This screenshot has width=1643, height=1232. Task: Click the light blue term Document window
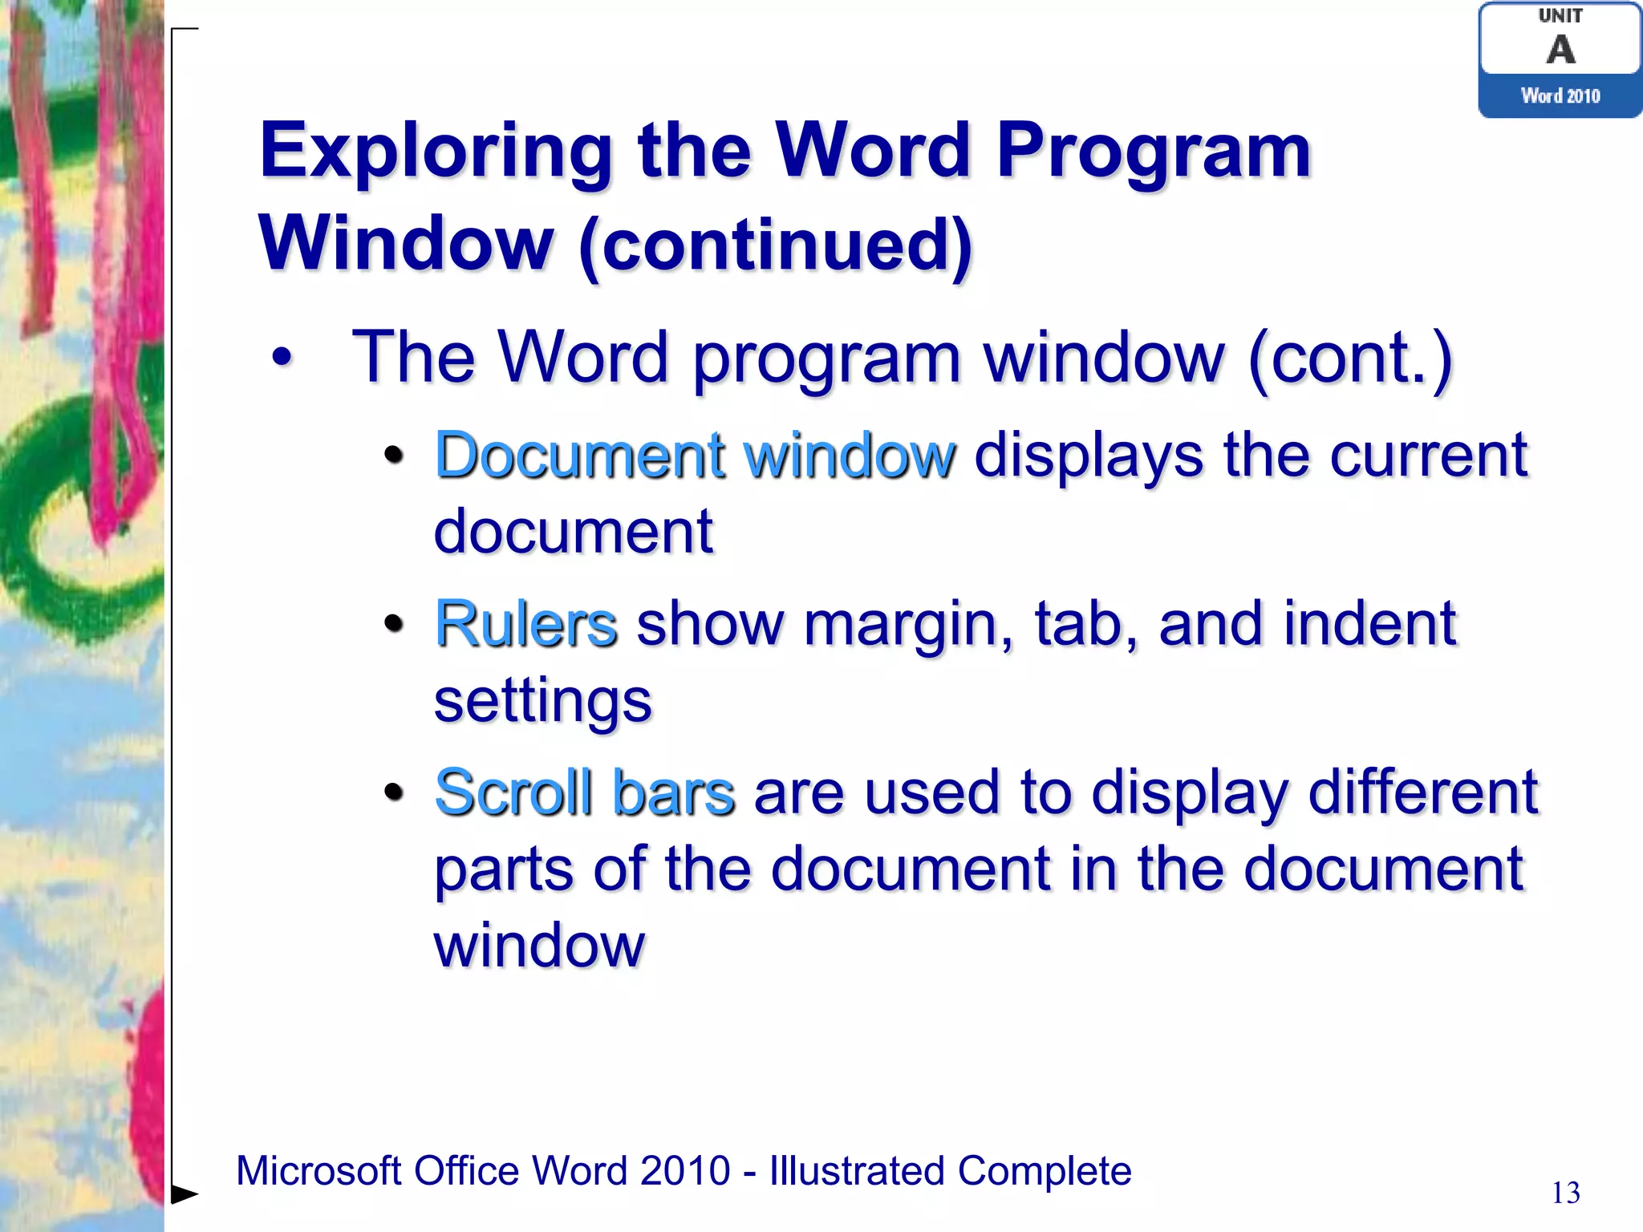tap(695, 456)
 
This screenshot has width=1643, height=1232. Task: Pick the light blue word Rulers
tap(525, 624)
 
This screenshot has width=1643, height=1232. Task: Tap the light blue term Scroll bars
tap(584, 793)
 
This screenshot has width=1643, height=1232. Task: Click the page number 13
tap(1565, 1193)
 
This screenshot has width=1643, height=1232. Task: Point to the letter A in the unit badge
tap(1560, 50)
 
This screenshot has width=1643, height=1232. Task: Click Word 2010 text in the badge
tap(1560, 96)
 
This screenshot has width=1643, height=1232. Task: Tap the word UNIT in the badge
tap(1560, 15)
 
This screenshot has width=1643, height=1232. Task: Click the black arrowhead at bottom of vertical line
tap(185, 1194)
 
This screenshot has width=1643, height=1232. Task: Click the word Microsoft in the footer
tap(318, 1171)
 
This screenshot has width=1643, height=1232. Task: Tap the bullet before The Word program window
tap(282, 358)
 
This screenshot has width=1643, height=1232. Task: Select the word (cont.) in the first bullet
tap(1350, 358)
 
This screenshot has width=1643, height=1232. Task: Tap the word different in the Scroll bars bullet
tap(1422, 793)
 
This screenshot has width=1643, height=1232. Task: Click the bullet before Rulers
tap(393, 624)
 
